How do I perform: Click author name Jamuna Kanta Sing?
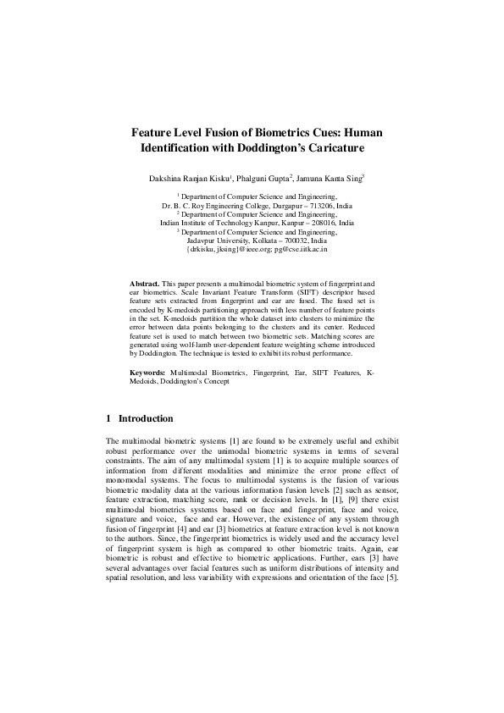330,179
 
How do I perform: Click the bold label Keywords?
147,373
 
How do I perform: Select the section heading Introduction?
146,419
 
